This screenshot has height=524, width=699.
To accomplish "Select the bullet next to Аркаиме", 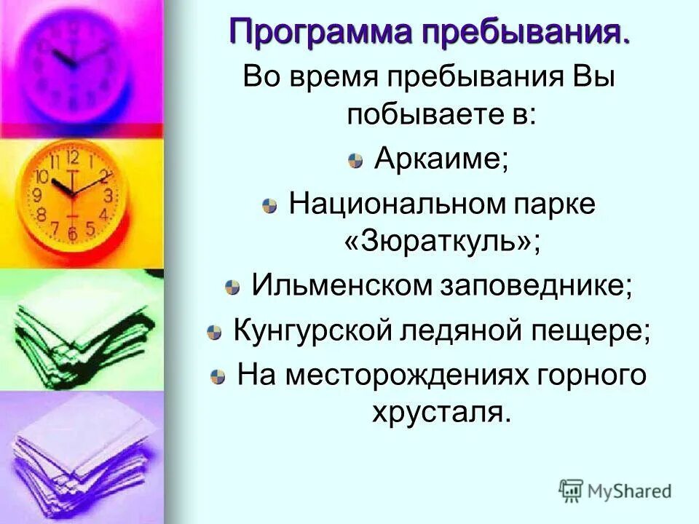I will click(355, 162).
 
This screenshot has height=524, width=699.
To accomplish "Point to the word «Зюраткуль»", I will click(442, 242).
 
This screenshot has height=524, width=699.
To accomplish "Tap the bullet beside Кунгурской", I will click(213, 333).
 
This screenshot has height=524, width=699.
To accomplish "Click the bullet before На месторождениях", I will click(218, 377).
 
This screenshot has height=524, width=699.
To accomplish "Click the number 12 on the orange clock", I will click(72, 156).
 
